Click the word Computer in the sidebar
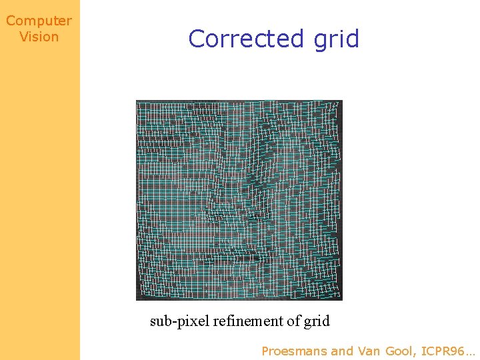click(x=39, y=21)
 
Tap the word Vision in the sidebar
click(x=39, y=37)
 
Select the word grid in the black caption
click(x=317, y=322)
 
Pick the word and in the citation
click(x=343, y=351)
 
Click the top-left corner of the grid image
click(x=137, y=101)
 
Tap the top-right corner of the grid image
click(x=342, y=101)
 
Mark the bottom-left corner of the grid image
click(x=137, y=299)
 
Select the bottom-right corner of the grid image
click(x=342, y=299)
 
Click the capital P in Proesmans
click(x=265, y=351)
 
